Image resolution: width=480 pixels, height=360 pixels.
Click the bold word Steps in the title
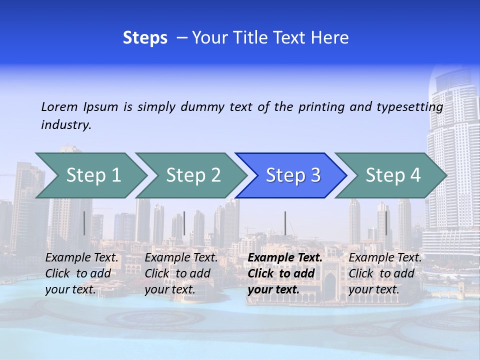pos(145,38)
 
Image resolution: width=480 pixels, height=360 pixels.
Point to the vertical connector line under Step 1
pos(84,223)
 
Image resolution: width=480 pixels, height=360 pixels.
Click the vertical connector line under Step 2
pos(184,223)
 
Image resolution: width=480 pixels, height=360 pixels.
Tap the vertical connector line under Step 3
pos(285,223)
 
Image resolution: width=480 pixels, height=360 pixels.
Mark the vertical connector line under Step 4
pos(386,223)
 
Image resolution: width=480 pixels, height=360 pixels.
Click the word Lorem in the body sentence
pos(59,107)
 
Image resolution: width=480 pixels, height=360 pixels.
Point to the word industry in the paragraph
pos(66,125)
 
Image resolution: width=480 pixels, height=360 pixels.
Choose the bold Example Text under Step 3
pos(285,258)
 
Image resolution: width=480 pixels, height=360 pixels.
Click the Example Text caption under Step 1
pos(82,258)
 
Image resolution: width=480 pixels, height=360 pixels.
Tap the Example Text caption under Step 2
pos(181,258)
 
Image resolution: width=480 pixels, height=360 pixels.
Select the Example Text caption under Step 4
pos(385,258)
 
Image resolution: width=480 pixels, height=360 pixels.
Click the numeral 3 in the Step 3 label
pos(315,175)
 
